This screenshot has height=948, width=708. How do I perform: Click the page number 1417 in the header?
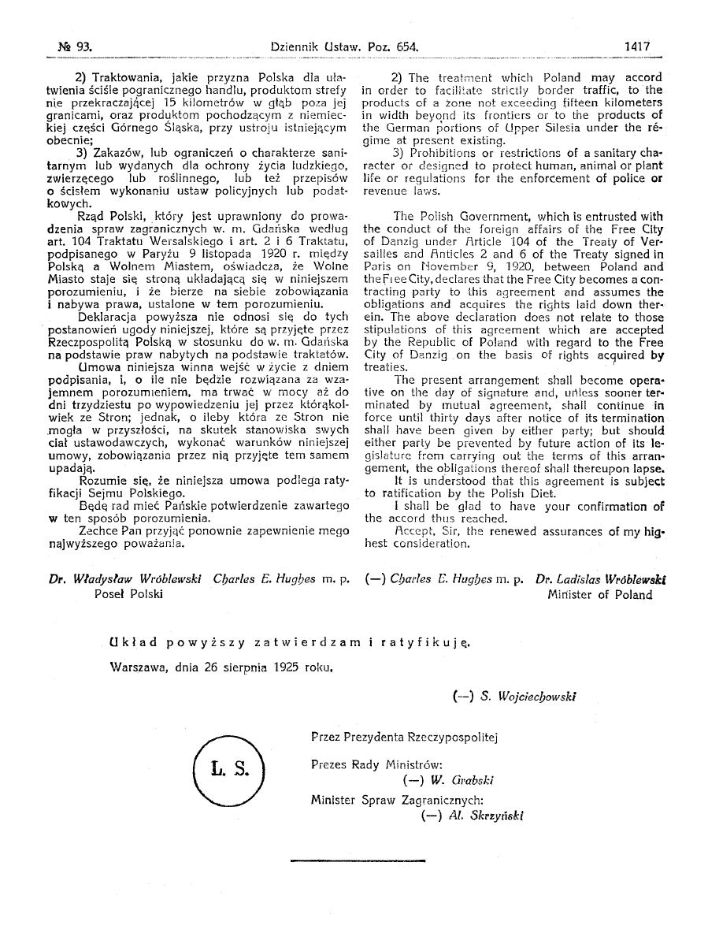click(636, 46)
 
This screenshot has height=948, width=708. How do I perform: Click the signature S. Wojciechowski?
click(515, 696)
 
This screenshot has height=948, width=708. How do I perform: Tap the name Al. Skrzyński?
click(473, 816)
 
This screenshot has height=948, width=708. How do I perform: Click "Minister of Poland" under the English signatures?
click(600, 595)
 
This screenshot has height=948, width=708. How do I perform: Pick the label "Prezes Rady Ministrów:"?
click(376, 764)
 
